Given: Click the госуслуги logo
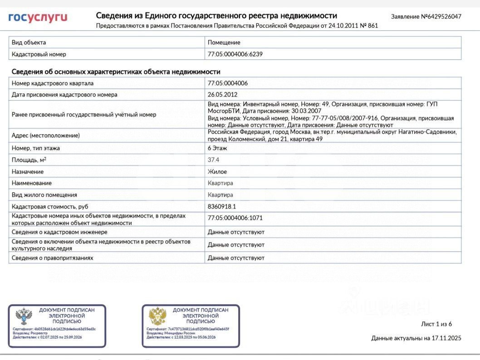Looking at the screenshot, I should pos(38,18).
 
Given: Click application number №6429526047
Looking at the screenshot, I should pos(426,17).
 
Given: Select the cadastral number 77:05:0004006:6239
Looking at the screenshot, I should pos(235,54).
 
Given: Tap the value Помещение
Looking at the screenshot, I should pos(224,43).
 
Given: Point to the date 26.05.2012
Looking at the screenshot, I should pos(222,95).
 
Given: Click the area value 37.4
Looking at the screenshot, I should pos(214,160).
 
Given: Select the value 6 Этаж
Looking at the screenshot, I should pos(217,148).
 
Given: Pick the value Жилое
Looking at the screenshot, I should pos(217,172).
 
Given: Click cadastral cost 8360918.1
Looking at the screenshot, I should pos(222,206).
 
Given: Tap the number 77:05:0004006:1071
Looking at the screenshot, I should pos(235,218).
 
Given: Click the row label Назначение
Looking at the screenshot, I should pos(28,172).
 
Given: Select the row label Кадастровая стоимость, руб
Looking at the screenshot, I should pos(50,206).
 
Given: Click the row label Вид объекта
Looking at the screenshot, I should pos(29,43).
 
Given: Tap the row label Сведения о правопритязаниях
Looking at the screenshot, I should pos(53,258).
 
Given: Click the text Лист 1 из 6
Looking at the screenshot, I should pos(436,324).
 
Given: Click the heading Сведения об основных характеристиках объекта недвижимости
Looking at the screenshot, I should pos(116,72).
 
